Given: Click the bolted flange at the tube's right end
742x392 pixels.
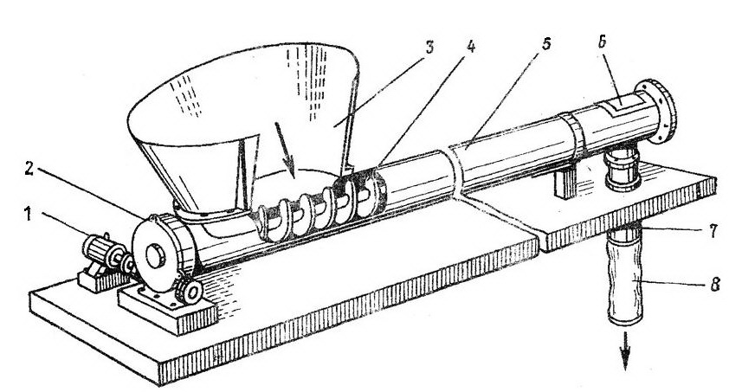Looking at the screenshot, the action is (661, 112).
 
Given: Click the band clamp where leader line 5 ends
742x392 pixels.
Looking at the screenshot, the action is (453, 169).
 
